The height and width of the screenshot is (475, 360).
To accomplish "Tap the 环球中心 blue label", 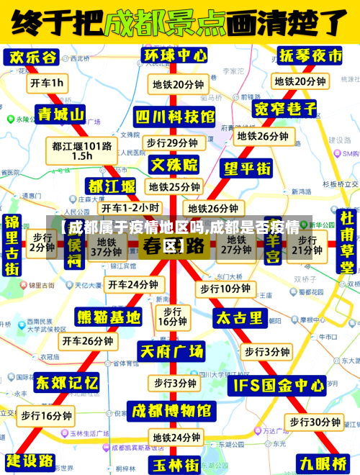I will (x=175, y=55).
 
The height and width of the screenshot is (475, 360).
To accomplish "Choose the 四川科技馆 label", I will (x=175, y=115).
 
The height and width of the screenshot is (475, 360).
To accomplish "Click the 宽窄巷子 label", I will (x=286, y=109).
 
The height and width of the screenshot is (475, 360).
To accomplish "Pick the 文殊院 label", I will (x=174, y=164).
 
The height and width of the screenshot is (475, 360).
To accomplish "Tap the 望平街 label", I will (x=247, y=168).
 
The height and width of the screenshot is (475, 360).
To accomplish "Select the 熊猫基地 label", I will (x=109, y=316).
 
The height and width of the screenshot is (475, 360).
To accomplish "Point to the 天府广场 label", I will (x=171, y=351).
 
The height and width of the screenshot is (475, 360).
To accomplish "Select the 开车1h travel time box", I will (x=47, y=83).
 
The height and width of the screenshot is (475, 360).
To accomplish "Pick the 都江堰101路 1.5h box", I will (x=81, y=150).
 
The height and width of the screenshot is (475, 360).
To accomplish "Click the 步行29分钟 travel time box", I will (x=172, y=142).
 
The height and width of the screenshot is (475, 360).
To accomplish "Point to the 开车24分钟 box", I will (x=132, y=284).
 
